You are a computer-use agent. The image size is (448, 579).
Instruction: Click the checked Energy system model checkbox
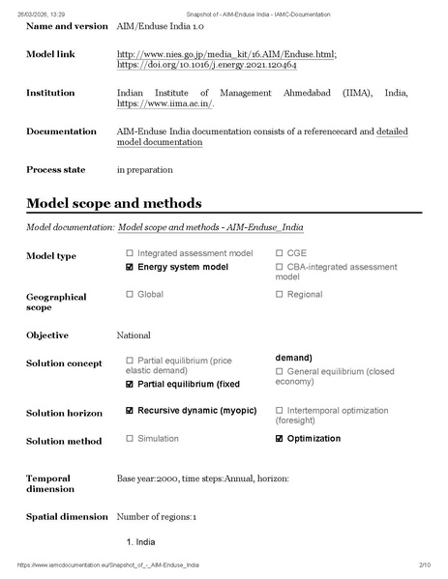coord(130,266)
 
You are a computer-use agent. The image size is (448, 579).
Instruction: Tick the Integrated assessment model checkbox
coord(130,253)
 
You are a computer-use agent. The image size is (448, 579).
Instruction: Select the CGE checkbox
coord(280,253)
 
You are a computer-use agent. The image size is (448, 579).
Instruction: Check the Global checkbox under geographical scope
coord(130,294)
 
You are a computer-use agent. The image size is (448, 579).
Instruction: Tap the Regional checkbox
coord(280,294)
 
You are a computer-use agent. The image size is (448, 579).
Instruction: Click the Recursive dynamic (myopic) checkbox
coord(130,410)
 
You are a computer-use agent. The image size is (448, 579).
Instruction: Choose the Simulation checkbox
coord(130,438)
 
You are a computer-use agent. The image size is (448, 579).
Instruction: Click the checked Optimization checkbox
coord(280,438)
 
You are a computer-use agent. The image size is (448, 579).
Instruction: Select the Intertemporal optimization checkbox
coord(280,410)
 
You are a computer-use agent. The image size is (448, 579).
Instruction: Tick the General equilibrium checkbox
coord(280,370)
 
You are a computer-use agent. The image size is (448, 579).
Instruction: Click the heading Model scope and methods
coord(113,203)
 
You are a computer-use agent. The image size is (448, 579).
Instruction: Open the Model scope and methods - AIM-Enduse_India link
coord(210,227)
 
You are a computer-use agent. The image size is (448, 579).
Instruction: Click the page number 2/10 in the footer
coord(424,565)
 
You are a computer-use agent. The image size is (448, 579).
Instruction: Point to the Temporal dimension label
coord(50,483)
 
